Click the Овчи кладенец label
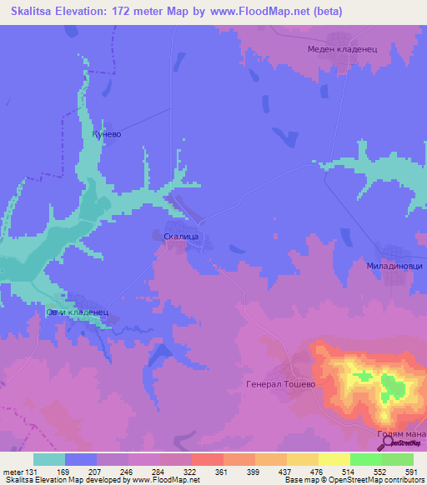[x=78, y=312]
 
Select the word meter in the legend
[x=13, y=471]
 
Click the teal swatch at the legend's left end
[x=49, y=459]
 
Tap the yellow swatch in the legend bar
[x=334, y=459]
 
